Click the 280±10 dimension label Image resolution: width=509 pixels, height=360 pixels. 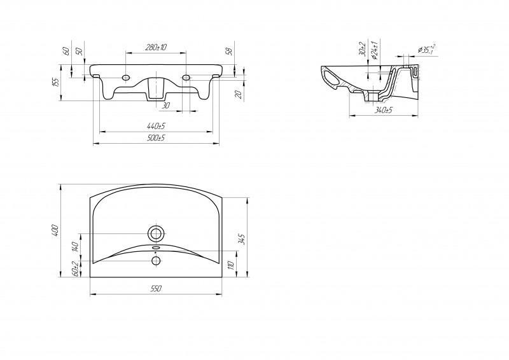tap(156, 48)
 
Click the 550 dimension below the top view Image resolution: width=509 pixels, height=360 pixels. tap(156, 289)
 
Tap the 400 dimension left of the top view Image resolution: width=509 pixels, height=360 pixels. tap(56, 230)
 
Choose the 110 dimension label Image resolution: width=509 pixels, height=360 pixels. tap(231, 263)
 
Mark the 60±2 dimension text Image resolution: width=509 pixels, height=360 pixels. tap(74, 270)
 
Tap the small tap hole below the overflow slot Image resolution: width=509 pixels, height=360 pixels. tap(155, 260)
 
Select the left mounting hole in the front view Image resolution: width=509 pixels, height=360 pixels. tap(125, 78)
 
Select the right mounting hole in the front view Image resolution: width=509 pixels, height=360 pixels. tap(186, 78)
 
